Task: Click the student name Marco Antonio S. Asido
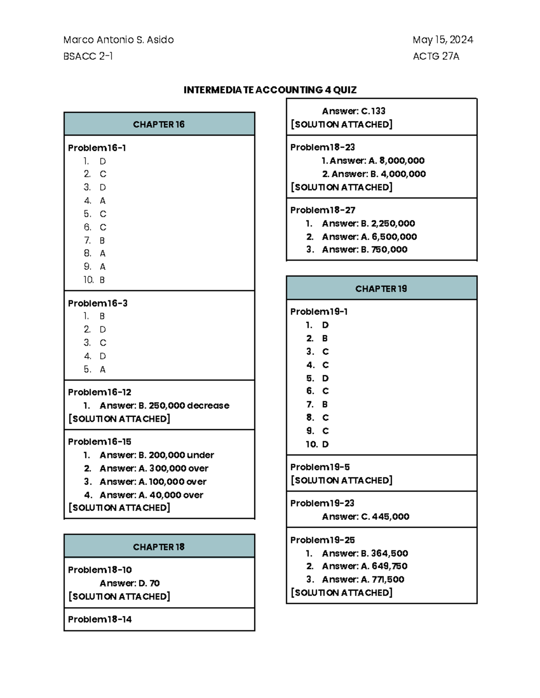118,40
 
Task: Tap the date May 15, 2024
443,40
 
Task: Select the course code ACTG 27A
436,56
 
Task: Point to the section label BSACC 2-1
88,56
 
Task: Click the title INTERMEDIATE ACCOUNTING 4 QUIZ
270,90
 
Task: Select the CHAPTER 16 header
159,124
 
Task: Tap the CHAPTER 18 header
159,547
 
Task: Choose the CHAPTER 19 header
381,289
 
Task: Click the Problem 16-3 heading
98,303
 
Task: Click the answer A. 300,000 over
173,468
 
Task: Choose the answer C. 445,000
385,517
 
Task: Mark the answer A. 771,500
382,580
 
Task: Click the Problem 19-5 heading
320,467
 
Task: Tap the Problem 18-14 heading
100,619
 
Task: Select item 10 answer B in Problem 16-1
102,280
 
